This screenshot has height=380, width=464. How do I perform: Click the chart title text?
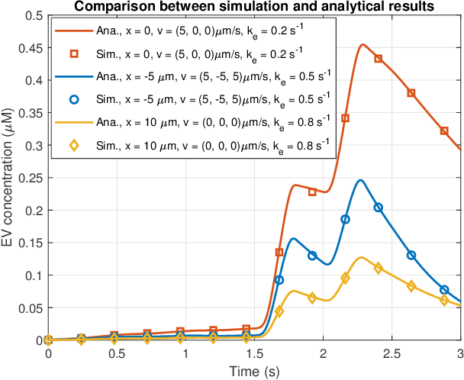pos(254,7)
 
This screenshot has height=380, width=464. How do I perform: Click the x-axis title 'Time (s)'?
pos(254,372)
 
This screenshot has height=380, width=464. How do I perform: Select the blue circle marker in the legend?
pos(75,98)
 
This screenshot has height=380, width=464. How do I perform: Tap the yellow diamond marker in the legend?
pos(75,144)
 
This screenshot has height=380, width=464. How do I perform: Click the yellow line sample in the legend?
pos(75,121)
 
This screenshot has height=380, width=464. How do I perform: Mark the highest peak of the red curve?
pos(362,44)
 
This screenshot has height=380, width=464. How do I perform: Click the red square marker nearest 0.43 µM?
pos(379,58)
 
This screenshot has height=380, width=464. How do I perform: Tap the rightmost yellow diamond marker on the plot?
pos(444,301)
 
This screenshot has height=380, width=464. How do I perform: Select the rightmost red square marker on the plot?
pos(444,130)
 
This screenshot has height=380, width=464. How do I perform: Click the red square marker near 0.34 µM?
pos(345,118)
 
